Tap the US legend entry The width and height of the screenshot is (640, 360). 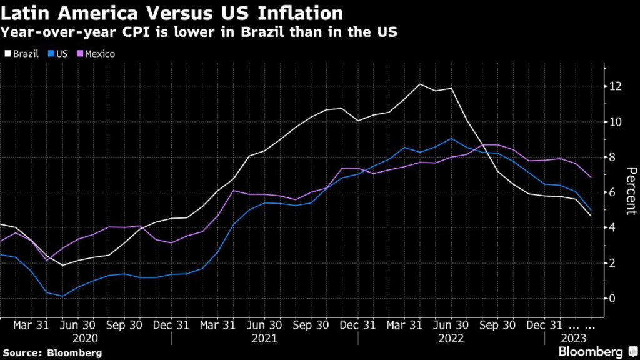[x=59, y=54]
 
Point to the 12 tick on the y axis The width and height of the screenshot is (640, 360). [x=615, y=86]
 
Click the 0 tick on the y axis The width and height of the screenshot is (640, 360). [x=612, y=298]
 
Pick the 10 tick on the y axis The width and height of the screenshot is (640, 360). [x=615, y=121]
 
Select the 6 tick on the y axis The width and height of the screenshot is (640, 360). [x=612, y=192]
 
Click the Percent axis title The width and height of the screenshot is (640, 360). [x=631, y=191]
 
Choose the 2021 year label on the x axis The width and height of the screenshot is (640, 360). [x=264, y=338]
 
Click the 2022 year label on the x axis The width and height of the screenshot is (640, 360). [x=451, y=338]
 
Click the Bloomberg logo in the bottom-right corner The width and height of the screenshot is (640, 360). [x=591, y=352]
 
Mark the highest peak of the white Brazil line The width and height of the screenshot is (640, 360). [x=419, y=84]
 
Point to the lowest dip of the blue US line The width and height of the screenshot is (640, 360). [x=62, y=296]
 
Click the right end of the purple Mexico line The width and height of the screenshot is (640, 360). [x=591, y=177]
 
